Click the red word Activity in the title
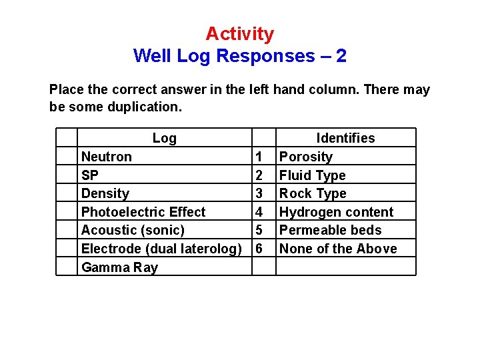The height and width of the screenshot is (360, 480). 239,33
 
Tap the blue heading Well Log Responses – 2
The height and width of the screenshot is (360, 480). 239,55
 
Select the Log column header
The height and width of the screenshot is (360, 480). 164,138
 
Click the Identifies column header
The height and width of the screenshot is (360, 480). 345,138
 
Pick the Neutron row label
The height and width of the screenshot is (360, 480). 107,157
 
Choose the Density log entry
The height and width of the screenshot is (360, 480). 105,193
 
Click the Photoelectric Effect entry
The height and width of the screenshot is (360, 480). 143,212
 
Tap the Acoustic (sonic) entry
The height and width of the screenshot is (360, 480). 133,230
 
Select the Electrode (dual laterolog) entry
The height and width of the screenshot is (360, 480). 161,249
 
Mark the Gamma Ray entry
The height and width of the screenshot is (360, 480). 119,267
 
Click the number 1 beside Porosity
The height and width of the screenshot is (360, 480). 259,157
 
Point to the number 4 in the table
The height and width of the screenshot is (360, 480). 259,212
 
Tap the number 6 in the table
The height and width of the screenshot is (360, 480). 259,249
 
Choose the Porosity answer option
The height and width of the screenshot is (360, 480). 305,157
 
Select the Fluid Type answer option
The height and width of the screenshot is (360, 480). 313,175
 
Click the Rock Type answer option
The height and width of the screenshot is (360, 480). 313,193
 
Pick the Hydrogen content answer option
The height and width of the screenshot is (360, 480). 336,212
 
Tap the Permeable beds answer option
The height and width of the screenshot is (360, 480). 331,230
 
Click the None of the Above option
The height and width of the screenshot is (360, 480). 338,249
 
